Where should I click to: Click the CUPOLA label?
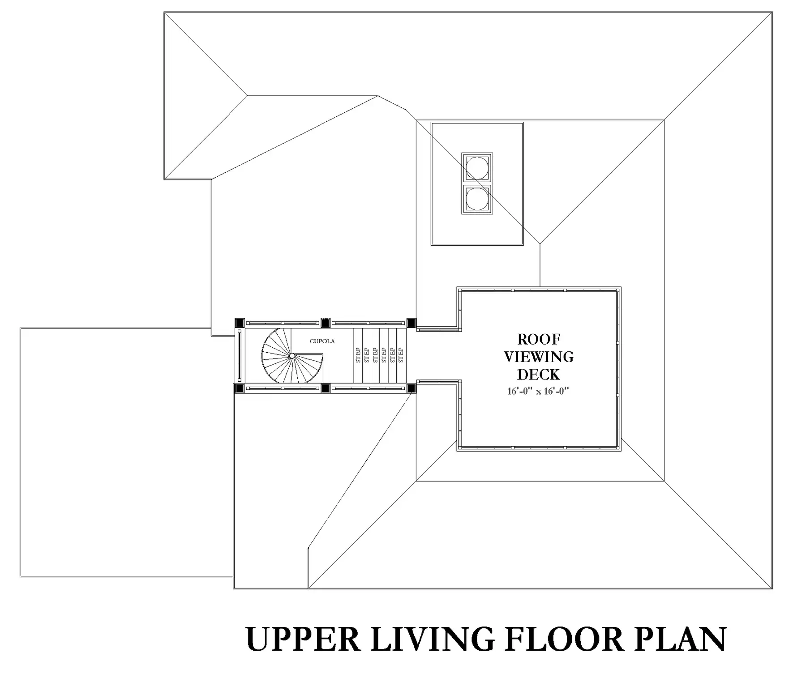click(322, 341)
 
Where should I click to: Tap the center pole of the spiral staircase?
click(292, 356)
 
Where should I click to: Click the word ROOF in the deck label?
click(539, 339)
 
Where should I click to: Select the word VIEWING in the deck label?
click(539, 357)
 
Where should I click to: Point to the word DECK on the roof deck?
click(539, 374)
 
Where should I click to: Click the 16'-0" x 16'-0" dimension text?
click(538, 391)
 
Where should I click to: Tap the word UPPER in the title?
click(303, 640)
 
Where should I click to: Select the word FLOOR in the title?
click(564, 640)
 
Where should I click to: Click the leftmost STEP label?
click(358, 355)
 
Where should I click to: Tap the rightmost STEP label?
click(401, 355)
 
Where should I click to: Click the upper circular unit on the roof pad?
click(477, 169)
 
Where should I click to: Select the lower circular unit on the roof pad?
click(477, 199)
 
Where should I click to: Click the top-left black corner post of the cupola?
click(240, 323)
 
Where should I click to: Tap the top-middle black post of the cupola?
click(326, 323)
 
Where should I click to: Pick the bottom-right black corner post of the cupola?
click(411, 388)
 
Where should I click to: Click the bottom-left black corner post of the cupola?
click(240, 388)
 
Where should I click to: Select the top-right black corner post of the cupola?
click(411, 323)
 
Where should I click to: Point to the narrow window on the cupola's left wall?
click(240, 355)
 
